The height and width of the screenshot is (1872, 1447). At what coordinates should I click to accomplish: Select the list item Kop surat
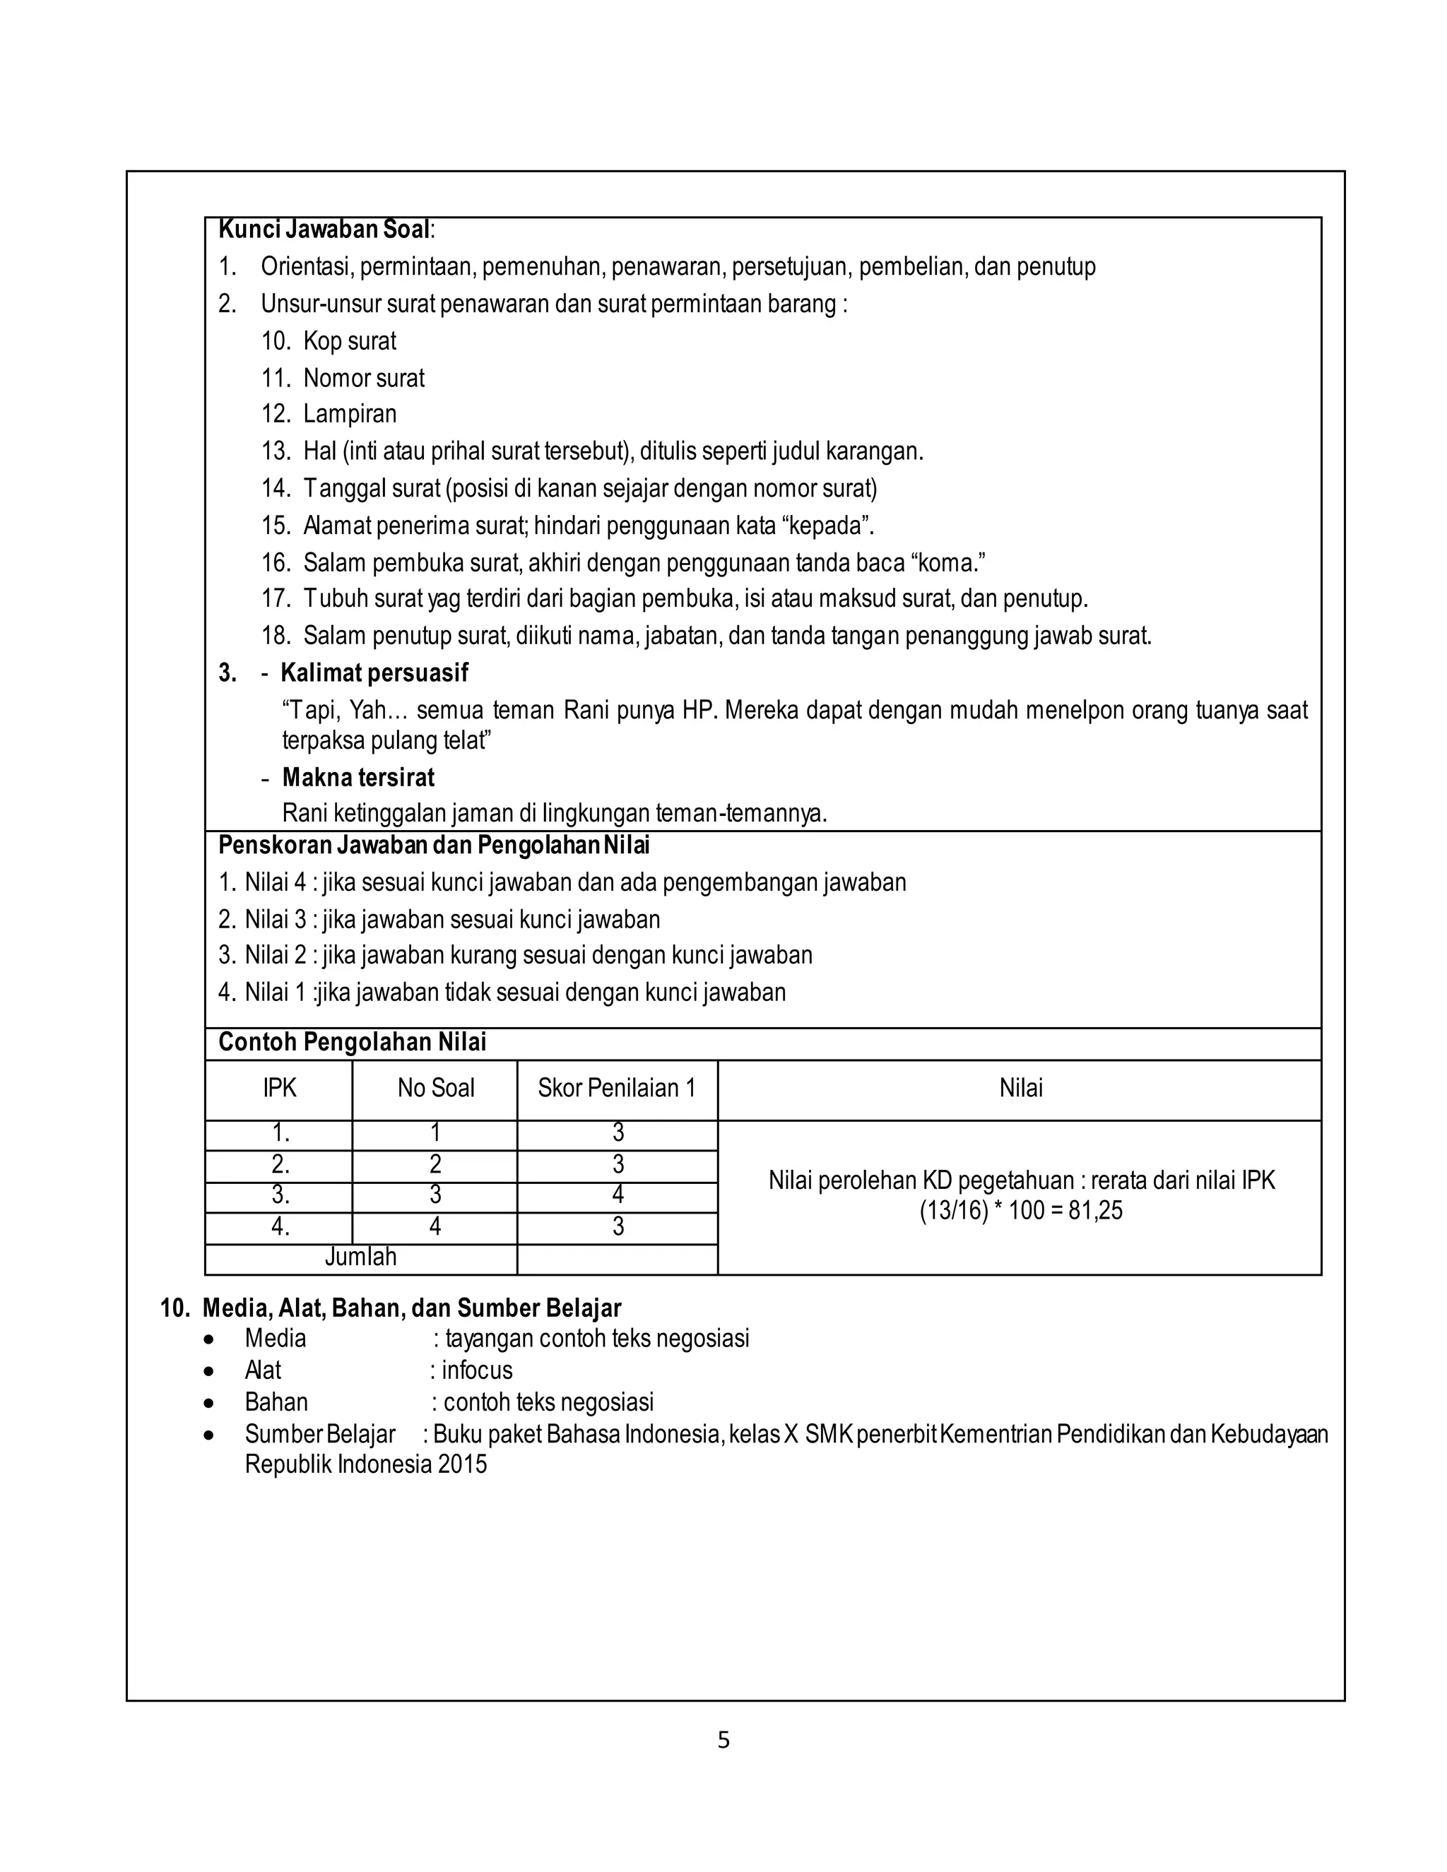point(349,341)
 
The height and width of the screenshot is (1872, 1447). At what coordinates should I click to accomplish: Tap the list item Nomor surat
point(363,378)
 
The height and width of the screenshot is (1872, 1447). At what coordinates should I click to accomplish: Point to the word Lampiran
point(350,414)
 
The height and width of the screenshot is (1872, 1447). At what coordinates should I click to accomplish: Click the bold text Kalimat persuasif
point(374,673)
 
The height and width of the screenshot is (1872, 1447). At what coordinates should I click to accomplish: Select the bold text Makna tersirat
point(358,778)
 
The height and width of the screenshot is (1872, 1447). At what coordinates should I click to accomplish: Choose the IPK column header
point(280,1089)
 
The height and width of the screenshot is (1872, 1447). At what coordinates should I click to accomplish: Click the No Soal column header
point(435,1089)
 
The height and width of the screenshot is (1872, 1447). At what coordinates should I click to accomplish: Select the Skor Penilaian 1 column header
point(616,1089)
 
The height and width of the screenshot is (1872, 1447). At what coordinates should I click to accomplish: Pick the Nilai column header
point(1020,1089)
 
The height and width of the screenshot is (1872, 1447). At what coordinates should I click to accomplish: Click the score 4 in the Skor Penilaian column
point(618,1195)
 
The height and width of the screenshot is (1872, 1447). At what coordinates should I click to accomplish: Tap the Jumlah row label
point(361,1257)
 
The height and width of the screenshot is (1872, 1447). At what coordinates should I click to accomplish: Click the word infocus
point(477,1370)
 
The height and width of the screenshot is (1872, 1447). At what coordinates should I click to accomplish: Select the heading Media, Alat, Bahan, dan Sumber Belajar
point(411,1308)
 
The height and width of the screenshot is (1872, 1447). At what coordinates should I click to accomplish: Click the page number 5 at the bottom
point(723,1740)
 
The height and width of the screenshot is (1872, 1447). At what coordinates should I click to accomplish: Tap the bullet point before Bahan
point(209,1403)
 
